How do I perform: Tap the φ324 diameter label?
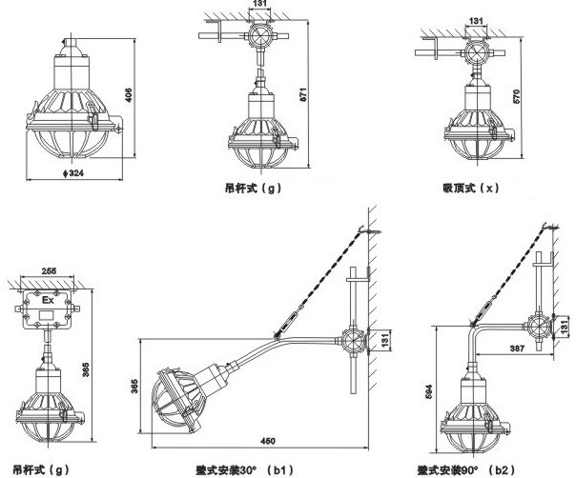[65, 174]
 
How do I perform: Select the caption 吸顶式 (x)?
[471, 189]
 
